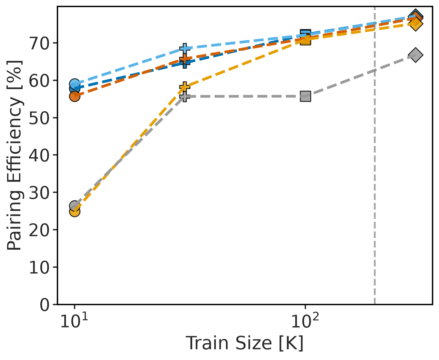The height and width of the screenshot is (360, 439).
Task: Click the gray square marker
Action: point(305,96)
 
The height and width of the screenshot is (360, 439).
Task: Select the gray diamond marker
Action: point(415,55)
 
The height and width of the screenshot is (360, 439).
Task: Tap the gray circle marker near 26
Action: point(75,206)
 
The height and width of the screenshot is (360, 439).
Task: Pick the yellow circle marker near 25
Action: point(75,212)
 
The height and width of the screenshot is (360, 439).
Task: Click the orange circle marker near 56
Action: point(75,96)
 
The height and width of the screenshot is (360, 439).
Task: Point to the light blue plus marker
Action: point(185,48)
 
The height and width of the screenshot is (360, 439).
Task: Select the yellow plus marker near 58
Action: point(185,86)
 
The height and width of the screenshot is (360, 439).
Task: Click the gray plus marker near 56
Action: point(185,97)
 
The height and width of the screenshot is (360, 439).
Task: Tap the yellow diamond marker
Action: point(415,24)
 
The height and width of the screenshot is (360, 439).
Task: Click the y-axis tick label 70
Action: point(39,44)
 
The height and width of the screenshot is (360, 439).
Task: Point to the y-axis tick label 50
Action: point(39,118)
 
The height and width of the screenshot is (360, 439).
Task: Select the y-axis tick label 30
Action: point(39,193)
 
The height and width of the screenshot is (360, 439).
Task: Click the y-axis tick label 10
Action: point(39,267)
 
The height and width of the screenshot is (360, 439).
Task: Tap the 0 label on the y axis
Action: point(45,305)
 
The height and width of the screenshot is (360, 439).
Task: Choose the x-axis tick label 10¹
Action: point(74,321)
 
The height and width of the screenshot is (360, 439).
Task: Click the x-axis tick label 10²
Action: point(305,321)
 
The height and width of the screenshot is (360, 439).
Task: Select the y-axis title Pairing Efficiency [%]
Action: point(14,155)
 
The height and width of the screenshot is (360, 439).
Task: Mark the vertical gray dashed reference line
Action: point(375,155)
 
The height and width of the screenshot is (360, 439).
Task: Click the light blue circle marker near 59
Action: point(75,84)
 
